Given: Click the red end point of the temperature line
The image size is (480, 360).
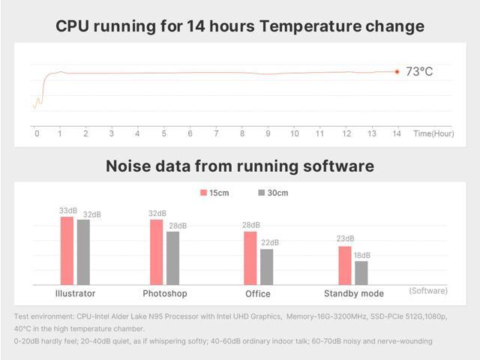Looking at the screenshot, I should coord(397,72).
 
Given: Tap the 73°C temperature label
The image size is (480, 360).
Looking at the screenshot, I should coord(418,72).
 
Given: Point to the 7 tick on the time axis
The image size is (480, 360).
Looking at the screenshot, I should coord(216,133).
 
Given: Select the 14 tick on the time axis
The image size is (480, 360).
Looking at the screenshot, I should coord(397,133).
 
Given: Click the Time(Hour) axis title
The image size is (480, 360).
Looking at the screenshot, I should coord(433,133).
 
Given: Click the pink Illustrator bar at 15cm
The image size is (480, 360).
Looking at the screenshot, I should coord(67,250).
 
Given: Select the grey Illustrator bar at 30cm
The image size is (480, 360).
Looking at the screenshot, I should coord(83,252).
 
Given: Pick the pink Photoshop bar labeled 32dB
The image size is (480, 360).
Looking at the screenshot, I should coord(157,252).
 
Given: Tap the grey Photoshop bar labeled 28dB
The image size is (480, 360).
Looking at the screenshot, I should coord(173,258).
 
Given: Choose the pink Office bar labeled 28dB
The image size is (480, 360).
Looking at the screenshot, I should coord(250,258).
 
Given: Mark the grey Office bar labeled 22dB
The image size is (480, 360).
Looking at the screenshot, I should coord(267,266).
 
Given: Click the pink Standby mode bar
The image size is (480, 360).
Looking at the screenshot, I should coord(344,265).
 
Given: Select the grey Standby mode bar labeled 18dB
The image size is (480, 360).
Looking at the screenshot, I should coord(361,273).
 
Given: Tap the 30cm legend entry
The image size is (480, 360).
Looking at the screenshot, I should coord(273,193).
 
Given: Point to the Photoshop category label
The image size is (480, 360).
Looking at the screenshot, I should coord(165,293).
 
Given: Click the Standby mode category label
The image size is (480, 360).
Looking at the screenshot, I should coord(353,293).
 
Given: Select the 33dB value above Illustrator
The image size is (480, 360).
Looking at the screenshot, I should coord(67,211).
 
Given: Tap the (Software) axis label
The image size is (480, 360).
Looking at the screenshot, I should coord(428,291).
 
